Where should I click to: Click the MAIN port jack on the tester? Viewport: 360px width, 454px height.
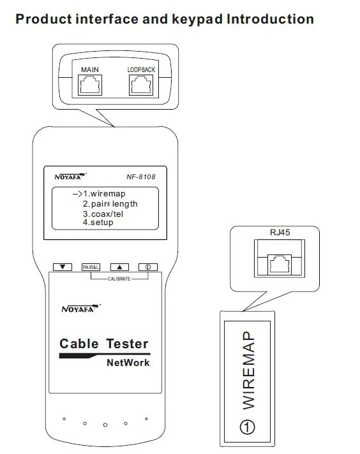(x=90, y=85)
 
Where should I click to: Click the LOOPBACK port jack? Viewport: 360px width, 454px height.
(x=141, y=85)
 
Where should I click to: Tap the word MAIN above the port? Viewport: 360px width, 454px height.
(x=90, y=70)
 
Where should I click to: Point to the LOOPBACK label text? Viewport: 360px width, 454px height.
(x=141, y=70)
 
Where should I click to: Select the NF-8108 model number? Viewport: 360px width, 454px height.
(x=141, y=177)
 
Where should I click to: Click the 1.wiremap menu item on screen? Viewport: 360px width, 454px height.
(x=104, y=194)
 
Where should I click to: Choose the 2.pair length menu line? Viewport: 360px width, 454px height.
(x=110, y=204)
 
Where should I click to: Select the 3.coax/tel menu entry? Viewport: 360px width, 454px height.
(x=103, y=214)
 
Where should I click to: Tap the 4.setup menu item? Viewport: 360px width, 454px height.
(x=98, y=223)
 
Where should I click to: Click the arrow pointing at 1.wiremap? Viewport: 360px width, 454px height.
(x=77, y=194)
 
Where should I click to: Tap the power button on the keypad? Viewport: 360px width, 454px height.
(x=148, y=267)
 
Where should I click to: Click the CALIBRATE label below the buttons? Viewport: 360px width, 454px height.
(x=119, y=279)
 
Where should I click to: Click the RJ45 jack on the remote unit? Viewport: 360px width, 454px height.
(x=280, y=264)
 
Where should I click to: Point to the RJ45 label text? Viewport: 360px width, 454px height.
(x=280, y=232)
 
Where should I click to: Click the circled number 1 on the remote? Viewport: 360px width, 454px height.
(x=248, y=427)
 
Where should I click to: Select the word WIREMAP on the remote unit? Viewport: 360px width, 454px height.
(x=248, y=370)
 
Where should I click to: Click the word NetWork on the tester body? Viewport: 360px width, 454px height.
(x=128, y=363)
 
